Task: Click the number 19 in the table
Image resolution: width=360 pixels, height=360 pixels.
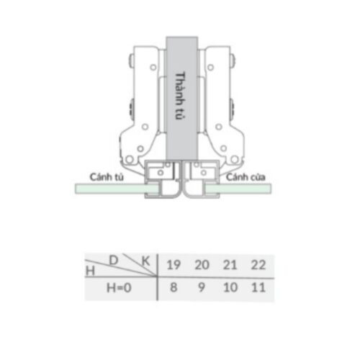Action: (x=173, y=264)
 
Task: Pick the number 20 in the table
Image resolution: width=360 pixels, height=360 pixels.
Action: (x=203, y=264)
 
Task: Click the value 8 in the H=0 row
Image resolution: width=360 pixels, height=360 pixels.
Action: (x=173, y=289)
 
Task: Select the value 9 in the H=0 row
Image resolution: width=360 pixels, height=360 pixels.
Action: (x=203, y=289)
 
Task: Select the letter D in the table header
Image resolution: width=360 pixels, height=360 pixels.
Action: (x=114, y=258)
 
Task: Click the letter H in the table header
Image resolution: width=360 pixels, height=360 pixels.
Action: (x=90, y=271)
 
